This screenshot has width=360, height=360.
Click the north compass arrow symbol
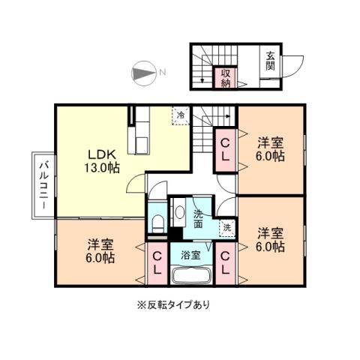[142, 73]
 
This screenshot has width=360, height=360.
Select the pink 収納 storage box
[225, 77]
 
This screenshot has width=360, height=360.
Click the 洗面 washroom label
[198, 218]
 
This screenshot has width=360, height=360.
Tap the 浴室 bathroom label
[191, 255]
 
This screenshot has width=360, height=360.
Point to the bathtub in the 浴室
[191, 275]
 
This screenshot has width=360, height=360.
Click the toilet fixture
[157, 223]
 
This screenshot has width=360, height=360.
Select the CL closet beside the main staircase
[225, 149]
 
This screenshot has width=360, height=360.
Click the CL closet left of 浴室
[157, 264]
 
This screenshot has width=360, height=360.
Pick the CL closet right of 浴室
[225, 264]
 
